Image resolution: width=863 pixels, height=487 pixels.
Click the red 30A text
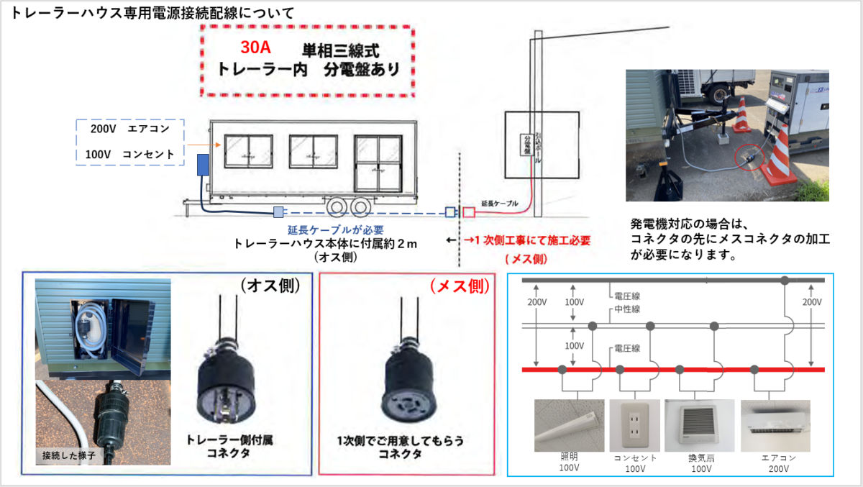coord(257,49)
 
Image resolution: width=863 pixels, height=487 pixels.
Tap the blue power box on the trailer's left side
coord(204,164)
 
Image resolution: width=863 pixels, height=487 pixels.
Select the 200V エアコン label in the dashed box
coord(130,129)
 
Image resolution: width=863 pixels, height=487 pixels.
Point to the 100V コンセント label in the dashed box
coord(129,154)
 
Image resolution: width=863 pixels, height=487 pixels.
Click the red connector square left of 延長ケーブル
coord(469,212)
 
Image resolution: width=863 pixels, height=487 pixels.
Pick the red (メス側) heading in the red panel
coord(460,286)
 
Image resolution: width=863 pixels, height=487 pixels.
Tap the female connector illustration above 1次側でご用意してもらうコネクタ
coord(406,374)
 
